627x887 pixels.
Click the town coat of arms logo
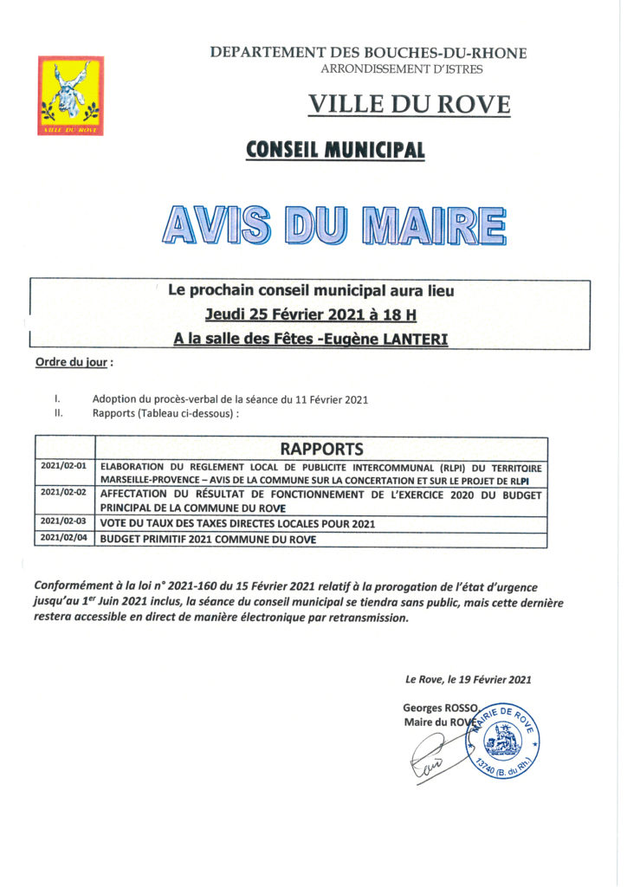pyautogui.click(x=70, y=95)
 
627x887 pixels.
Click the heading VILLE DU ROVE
pyautogui.click(x=409, y=105)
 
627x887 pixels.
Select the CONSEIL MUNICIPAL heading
pyautogui.click(x=335, y=150)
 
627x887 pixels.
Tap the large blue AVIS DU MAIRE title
pyautogui.click(x=333, y=224)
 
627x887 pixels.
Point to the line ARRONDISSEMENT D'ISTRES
pyautogui.click(x=402, y=69)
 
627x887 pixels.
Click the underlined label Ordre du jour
pyautogui.click(x=73, y=361)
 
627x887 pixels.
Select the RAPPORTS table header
pyautogui.click(x=321, y=449)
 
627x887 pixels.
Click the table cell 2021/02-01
pyautogui.click(x=67, y=466)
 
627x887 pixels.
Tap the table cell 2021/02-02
pyautogui.click(x=67, y=491)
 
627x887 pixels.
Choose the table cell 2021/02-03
pyautogui.click(x=67, y=522)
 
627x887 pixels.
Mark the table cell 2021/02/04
pyautogui.click(x=67, y=539)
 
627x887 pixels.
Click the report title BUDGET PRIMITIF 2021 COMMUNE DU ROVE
pyautogui.click(x=208, y=540)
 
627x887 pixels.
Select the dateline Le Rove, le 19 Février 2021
pyautogui.click(x=468, y=680)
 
